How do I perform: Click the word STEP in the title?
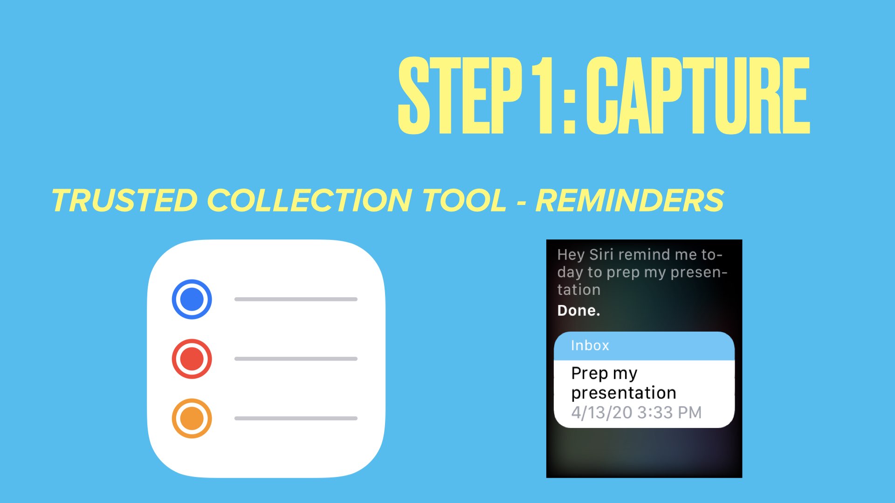(x=460, y=95)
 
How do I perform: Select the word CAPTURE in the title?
(x=698, y=95)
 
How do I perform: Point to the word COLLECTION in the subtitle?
(x=309, y=200)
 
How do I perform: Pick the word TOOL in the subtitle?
(x=464, y=200)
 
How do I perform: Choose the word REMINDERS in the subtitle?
(x=630, y=200)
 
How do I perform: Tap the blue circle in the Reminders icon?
(x=192, y=299)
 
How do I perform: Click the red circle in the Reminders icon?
(x=192, y=359)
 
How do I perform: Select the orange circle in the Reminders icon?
(x=192, y=418)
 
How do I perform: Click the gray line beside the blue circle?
(x=296, y=299)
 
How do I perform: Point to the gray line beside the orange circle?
(x=296, y=418)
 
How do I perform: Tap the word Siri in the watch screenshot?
(x=601, y=254)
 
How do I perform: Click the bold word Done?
(x=578, y=311)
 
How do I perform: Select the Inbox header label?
(x=590, y=346)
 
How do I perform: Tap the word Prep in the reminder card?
(x=590, y=374)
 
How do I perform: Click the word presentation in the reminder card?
(x=624, y=394)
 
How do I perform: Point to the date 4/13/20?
(x=602, y=413)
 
